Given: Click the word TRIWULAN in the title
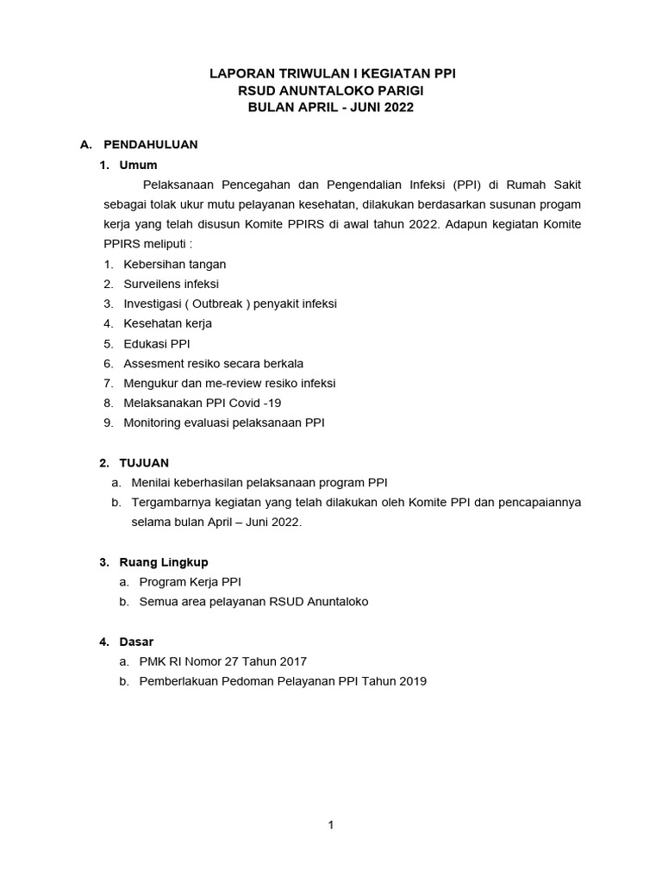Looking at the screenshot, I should point(302,75).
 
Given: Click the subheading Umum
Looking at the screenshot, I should point(141,165).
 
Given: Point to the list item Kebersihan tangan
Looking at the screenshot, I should point(174,265).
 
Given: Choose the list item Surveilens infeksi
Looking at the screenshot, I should point(171,284).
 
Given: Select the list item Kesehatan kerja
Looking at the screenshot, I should point(167,323).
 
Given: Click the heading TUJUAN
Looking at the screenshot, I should point(145,463).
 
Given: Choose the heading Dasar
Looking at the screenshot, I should point(139,642).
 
